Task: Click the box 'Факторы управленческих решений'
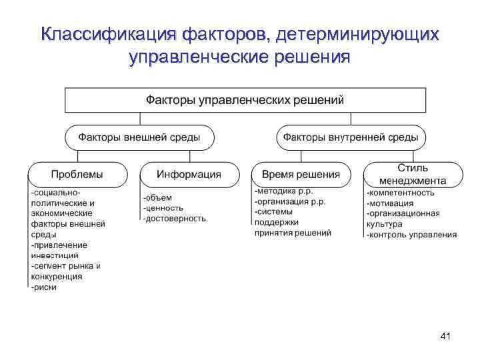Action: (245, 100)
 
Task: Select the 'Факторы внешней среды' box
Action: (140, 137)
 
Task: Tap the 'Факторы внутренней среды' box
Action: (351, 137)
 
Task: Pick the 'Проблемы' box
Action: (77, 174)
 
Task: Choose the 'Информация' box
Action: (189, 174)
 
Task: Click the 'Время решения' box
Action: (301, 174)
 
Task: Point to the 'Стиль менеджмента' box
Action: (413, 174)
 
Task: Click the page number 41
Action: (445, 337)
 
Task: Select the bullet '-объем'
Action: (157, 197)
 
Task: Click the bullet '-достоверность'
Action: (174, 218)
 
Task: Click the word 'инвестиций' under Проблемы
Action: (55, 255)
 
